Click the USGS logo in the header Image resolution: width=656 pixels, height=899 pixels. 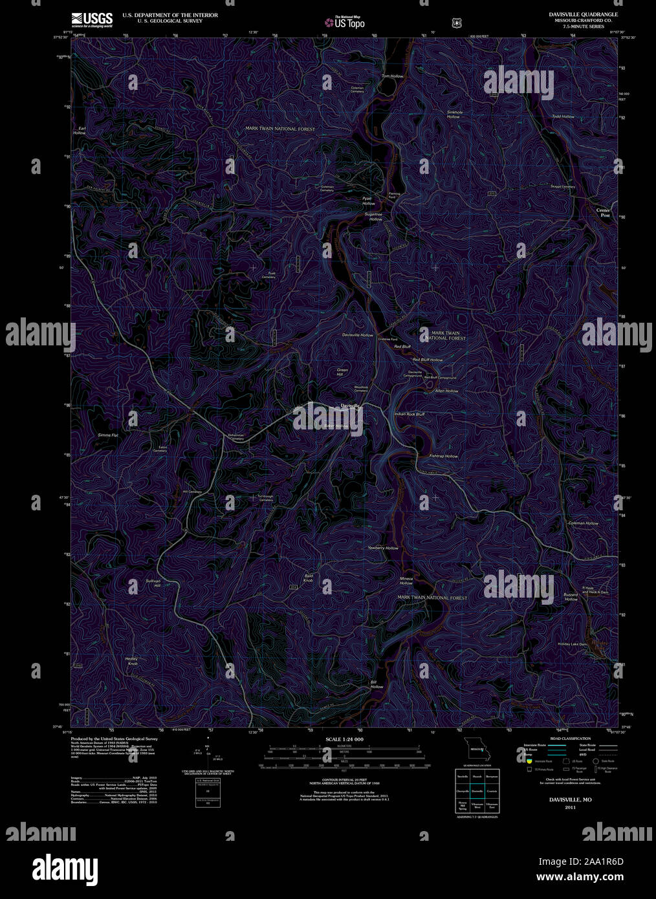coord(93,19)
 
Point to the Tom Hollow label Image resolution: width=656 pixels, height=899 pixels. coord(392,76)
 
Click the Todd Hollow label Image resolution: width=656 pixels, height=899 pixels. coord(563,116)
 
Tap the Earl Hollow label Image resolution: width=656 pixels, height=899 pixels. coord(80,131)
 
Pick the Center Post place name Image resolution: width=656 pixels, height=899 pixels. coord(603,212)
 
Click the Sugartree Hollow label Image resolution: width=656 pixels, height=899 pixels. coord(374,217)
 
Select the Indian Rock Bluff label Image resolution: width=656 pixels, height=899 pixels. coord(410,414)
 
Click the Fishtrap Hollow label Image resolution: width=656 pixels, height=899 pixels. coord(444,456)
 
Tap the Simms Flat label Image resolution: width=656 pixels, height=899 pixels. coord(108,435)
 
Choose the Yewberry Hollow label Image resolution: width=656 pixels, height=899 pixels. coord(383,548)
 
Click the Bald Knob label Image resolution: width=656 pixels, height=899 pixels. coord(309,578)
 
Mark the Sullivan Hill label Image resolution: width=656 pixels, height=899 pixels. coord(153,583)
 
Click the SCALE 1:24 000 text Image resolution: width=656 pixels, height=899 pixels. coord(344,739)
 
